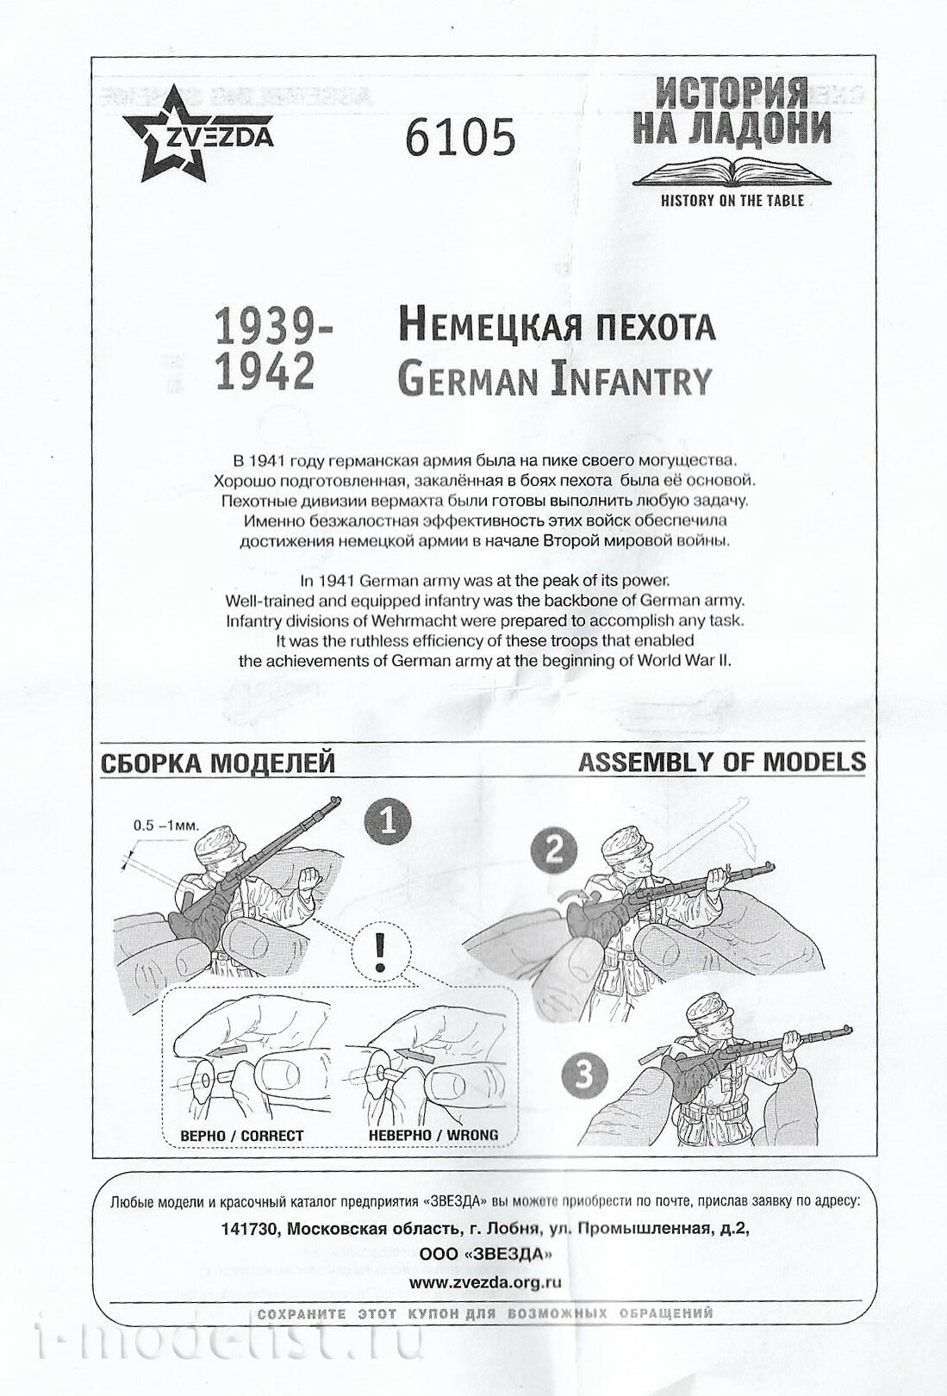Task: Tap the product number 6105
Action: (459, 137)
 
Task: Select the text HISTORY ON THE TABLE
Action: (732, 201)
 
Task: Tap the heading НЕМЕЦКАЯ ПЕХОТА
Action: (556, 327)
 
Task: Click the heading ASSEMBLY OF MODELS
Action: (721, 762)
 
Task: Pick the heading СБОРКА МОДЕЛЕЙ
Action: (218, 763)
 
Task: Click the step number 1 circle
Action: (387, 819)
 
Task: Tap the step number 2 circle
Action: (554, 850)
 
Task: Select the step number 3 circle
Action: (584, 1075)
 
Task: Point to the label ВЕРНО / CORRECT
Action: (241, 1136)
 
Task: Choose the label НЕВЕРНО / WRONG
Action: (433, 1136)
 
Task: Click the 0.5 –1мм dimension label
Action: (165, 825)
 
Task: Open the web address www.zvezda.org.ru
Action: (485, 1281)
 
